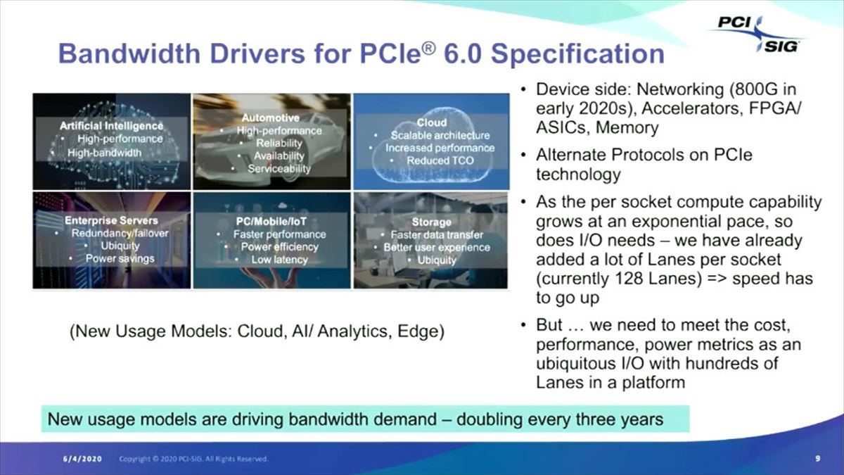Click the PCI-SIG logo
tap(757, 34)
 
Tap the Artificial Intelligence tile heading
tap(111, 126)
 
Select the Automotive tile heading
tap(270, 118)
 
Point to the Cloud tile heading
tap(431, 122)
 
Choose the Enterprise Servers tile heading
tap(111, 221)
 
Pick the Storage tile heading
tap(431, 222)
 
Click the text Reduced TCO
tap(440, 160)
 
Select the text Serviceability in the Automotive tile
tap(279, 169)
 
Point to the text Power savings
tap(120, 258)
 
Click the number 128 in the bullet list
tap(646, 279)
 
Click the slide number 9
tap(818, 459)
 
